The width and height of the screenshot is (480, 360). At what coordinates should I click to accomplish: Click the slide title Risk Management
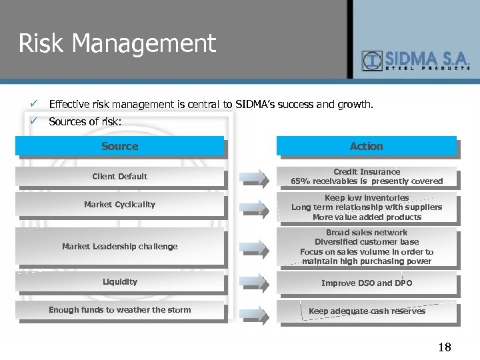click(117, 43)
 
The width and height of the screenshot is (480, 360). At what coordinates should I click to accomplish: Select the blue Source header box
click(120, 146)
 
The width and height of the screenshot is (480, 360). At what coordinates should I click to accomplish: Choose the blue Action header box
click(366, 146)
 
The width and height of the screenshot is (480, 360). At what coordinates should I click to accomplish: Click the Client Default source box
click(120, 177)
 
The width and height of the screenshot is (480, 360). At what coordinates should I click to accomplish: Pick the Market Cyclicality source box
click(120, 205)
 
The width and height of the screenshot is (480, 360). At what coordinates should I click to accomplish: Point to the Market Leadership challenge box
click(120, 247)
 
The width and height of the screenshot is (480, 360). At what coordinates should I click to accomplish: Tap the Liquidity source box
click(120, 282)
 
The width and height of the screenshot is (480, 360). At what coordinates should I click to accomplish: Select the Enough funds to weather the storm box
click(120, 310)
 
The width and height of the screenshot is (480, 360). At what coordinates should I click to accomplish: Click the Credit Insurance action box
click(366, 177)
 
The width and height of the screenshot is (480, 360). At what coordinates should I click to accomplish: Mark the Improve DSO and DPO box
click(366, 283)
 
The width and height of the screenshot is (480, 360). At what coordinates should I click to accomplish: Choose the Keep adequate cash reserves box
click(366, 311)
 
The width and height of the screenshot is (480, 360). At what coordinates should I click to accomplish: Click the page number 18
click(445, 347)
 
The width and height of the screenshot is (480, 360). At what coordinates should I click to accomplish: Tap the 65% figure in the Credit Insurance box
click(299, 181)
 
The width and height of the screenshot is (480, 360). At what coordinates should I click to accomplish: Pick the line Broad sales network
click(366, 233)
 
